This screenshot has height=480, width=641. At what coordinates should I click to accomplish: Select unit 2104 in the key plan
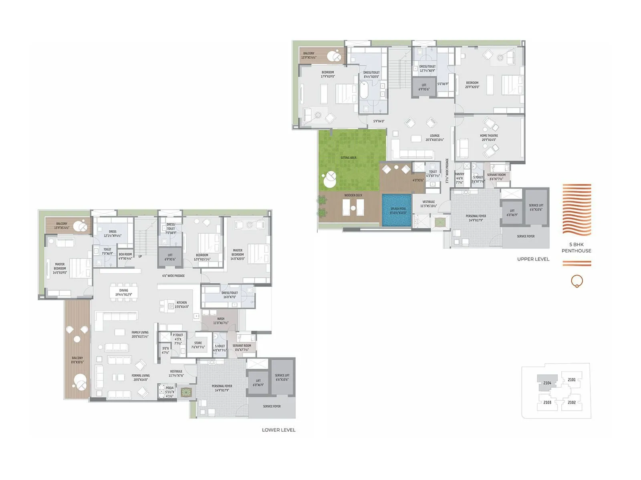[547, 383]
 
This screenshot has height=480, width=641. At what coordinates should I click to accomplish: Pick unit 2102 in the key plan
[572, 402]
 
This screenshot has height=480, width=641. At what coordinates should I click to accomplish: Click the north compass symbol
[576, 281]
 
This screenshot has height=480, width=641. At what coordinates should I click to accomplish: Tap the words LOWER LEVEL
[278, 430]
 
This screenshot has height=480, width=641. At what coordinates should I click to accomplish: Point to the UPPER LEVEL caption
[533, 259]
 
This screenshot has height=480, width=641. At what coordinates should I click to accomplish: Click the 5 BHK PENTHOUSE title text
[576, 248]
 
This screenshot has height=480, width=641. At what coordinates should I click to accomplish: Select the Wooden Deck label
[353, 195]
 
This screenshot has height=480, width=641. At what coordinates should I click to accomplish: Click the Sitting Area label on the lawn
[348, 158]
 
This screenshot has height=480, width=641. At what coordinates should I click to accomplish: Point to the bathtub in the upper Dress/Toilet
[364, 90]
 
